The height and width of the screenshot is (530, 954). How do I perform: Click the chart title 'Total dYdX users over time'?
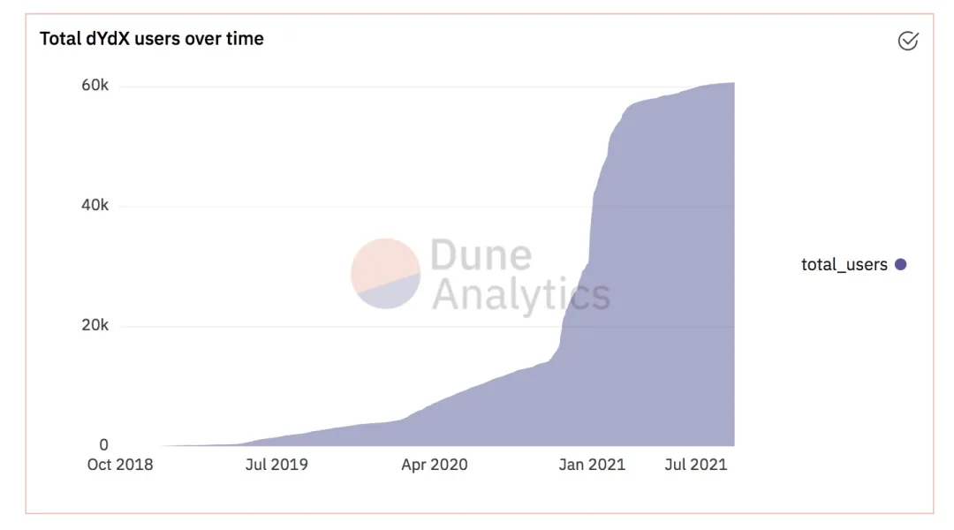pos(152,39)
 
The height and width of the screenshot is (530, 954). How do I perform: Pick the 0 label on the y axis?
pos(104,445)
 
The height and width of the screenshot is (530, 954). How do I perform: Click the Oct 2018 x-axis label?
pos(119,465)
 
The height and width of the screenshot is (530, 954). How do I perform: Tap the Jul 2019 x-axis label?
pos(276,465)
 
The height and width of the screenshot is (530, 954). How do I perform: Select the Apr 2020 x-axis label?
pos(434,465)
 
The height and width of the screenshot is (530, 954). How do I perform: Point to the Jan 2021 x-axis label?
pos(592,465)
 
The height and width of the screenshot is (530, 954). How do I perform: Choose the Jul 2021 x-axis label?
pos(696,465)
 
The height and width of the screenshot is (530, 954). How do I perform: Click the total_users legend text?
pos(844,264)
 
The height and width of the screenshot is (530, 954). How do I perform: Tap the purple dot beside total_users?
pos(900,264)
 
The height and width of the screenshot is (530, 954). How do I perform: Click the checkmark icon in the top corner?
pos(907,41)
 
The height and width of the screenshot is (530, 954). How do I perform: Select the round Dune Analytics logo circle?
pos(385,274)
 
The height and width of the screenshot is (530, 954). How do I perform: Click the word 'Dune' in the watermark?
pos(481,255)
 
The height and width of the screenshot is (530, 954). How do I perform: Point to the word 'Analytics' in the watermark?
pos(520,295)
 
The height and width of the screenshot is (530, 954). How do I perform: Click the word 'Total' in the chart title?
pos(58,39)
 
